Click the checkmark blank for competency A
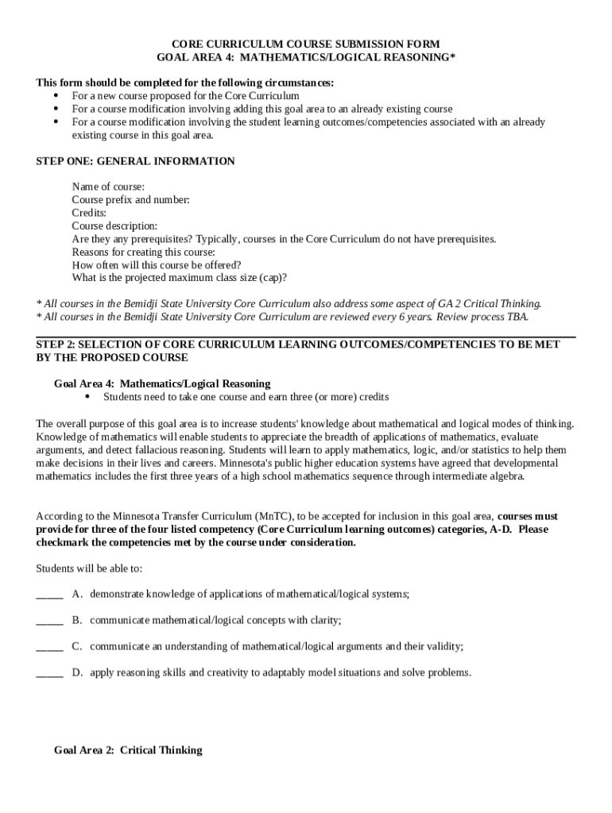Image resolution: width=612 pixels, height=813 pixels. pos(49,595)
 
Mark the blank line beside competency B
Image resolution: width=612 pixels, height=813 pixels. pos(49,621)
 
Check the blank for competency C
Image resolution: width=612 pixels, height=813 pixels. pos(49,647)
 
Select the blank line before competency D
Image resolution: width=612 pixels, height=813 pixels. pos(49,673)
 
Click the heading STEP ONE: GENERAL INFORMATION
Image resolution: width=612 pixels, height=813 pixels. pos(136,161)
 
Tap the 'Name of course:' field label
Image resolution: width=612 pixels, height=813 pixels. pos(108,187)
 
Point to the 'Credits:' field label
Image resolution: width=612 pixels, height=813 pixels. pos(89,213)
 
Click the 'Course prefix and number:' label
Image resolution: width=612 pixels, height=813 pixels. pos(130,200)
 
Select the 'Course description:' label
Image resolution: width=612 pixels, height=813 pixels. pos(114,226)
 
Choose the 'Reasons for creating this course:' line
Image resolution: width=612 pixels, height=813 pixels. pos(145,252)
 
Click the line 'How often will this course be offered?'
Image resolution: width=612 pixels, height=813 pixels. pos(157,265)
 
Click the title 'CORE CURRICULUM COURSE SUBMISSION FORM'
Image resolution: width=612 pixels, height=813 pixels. pos(306,44)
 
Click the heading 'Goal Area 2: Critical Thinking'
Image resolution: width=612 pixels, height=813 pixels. pos(128,750)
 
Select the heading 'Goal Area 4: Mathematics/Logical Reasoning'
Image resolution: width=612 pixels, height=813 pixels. pos(162,383)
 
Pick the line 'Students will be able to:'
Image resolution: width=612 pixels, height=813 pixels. pos(89,568)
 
